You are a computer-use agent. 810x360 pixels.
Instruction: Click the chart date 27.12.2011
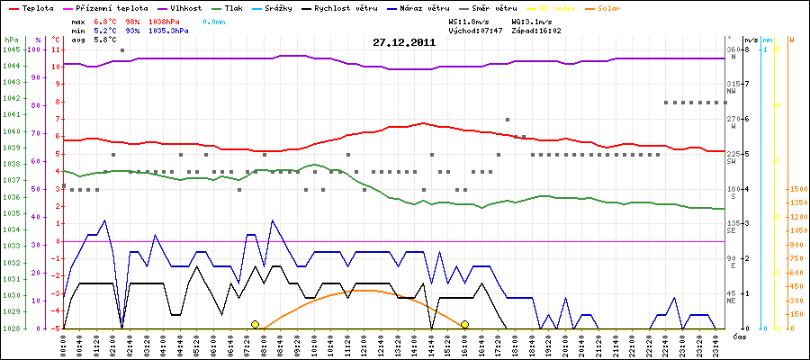point(405,42)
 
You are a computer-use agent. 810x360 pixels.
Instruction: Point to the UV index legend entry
point(565,7)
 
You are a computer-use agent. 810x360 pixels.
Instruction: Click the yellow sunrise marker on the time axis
point(255,324)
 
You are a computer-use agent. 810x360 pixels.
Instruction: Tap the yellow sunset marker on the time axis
point(464,324)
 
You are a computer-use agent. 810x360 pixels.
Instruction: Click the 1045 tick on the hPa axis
point(11,49)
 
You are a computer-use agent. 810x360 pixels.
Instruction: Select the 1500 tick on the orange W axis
point(797,190)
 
